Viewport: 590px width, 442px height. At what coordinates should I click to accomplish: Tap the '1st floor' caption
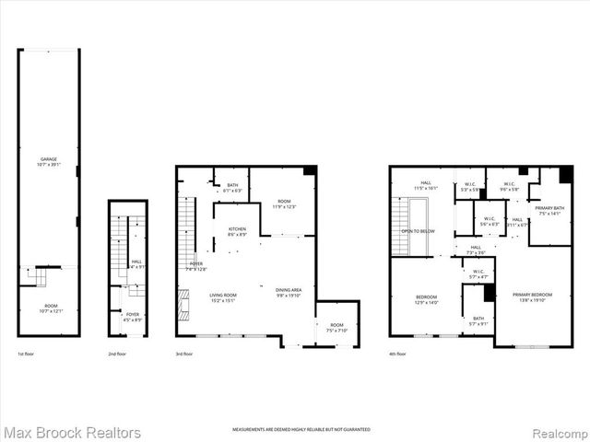click(x=27, y=354)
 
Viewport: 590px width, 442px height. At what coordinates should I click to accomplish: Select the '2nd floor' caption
click(x=117, y=354)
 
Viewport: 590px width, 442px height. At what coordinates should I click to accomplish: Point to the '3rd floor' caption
click(x=185, y=354)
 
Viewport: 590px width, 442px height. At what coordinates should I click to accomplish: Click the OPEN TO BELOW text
click(x=418, y=231)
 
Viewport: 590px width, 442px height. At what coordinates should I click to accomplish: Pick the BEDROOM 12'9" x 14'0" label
click(x=425, y=298)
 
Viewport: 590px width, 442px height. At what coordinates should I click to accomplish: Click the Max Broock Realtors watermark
click(x=72, y=432)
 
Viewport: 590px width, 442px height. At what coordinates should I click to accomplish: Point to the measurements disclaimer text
click(x=301, y=430)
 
